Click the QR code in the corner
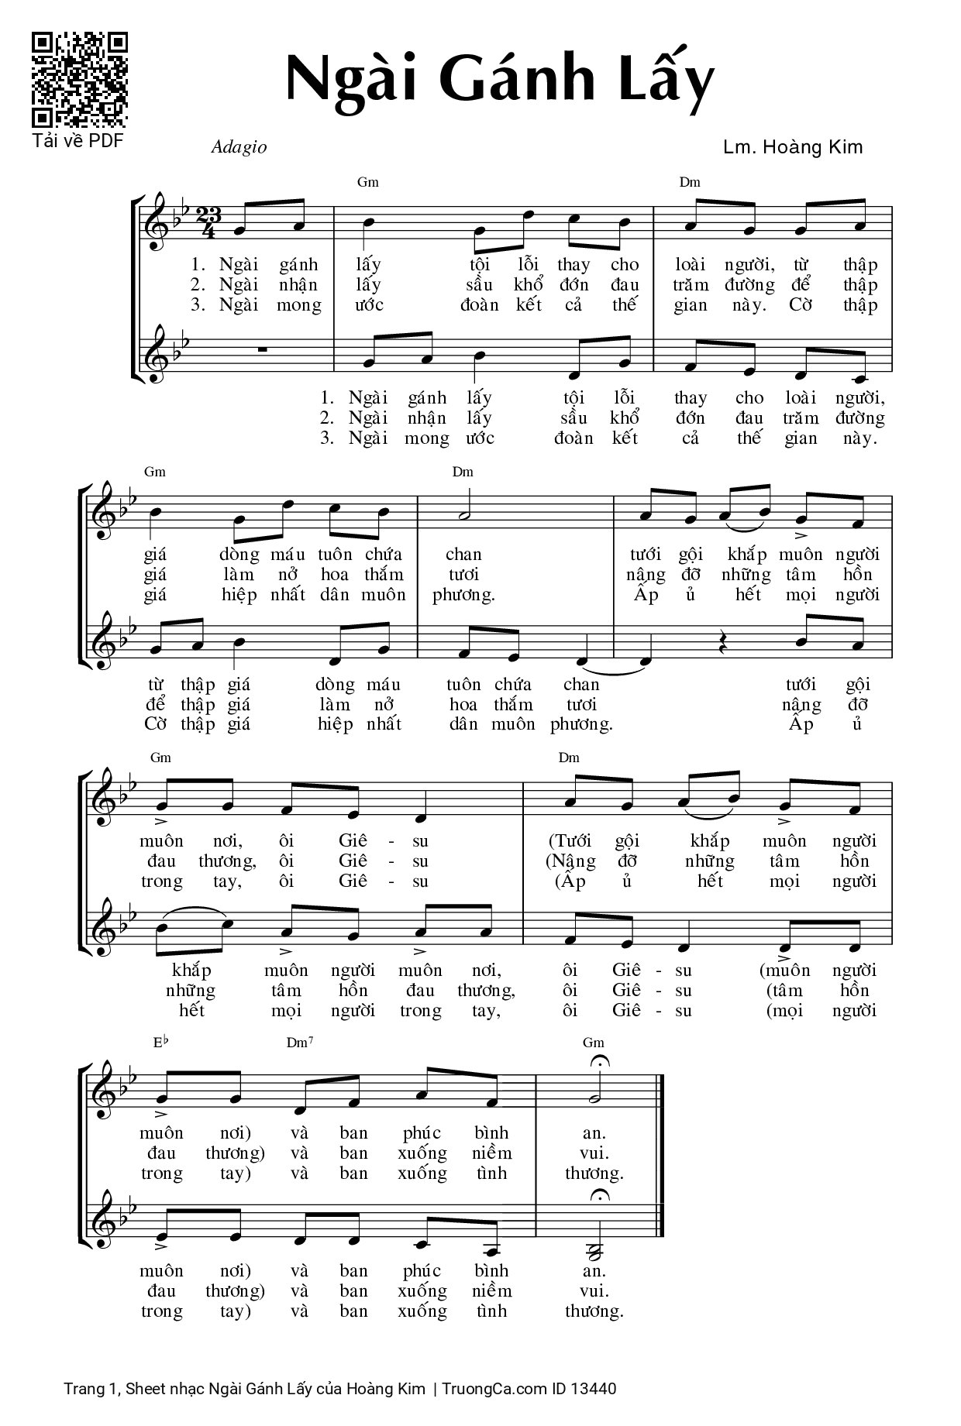click(79, 79)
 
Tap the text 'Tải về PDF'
click(77, 141)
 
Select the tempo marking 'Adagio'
click(239, 147)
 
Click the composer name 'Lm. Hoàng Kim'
click(792, 147)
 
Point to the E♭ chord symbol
click(160, 1043)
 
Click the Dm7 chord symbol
click(300, 1043)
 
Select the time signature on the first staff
click(205, 222)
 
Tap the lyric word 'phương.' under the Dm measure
click(463, 595)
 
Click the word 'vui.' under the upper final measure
click(594, 1153)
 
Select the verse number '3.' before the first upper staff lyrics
click(198, 305)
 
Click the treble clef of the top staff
click(160, 222)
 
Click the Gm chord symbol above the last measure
click(594, 1043)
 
